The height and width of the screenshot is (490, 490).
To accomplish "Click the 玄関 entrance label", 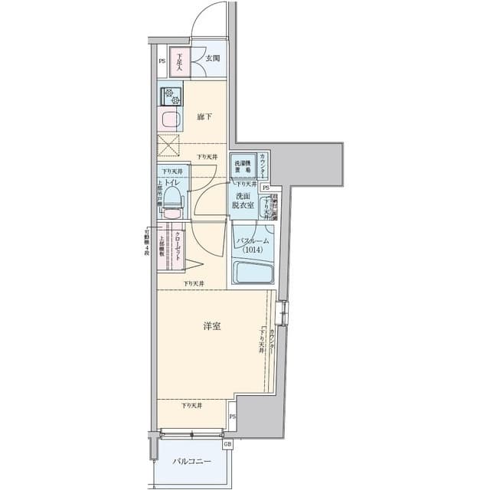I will click(212, 58).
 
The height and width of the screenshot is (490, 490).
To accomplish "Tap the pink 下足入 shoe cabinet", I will click(179, 62).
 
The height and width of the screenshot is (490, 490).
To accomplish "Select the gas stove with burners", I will click(170, 96).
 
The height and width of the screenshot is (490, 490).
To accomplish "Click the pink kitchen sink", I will click(170, 119).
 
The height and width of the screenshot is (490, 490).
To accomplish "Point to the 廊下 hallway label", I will click(204, 116).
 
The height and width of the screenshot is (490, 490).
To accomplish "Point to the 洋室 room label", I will click(212, 326).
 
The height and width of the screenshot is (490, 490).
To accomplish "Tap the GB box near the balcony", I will click(227, 444).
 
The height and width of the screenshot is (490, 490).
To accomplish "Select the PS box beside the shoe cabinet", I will click(162, 61).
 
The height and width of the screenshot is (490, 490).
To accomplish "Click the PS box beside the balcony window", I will click(232, 417).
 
